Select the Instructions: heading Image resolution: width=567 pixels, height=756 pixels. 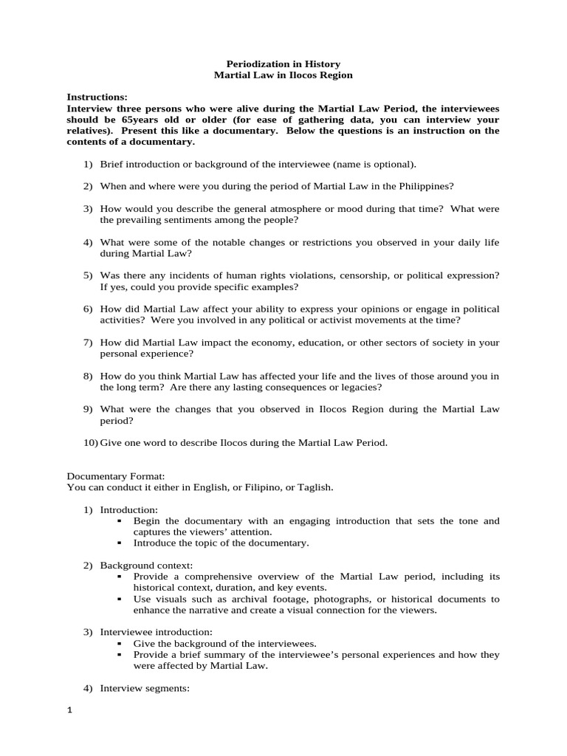(97, 97)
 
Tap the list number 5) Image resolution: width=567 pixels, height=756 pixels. (88, 275)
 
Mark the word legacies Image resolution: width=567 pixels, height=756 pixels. (361, 387)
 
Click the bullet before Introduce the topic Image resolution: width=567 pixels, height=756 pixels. (119, 543)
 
